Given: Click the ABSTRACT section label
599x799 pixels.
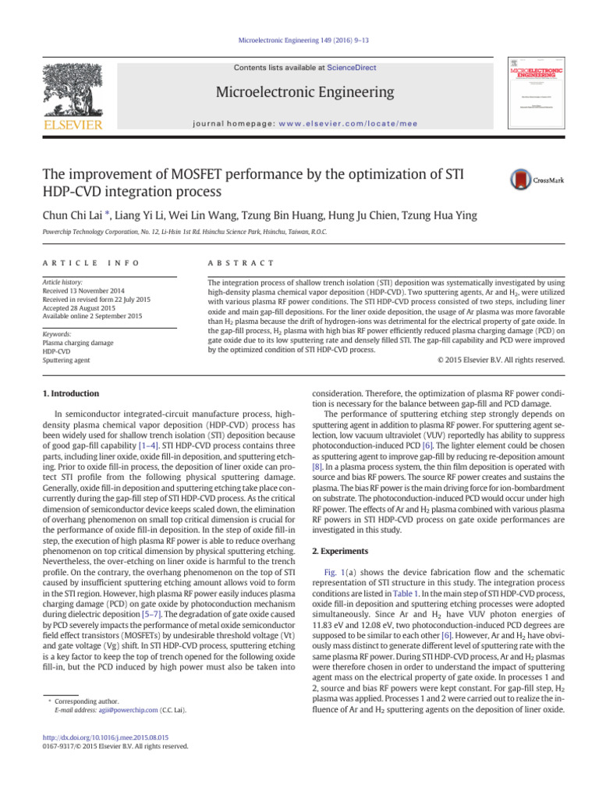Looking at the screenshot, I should tap(235, 264).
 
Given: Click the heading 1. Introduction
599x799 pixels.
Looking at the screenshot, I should tap(70, 394).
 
